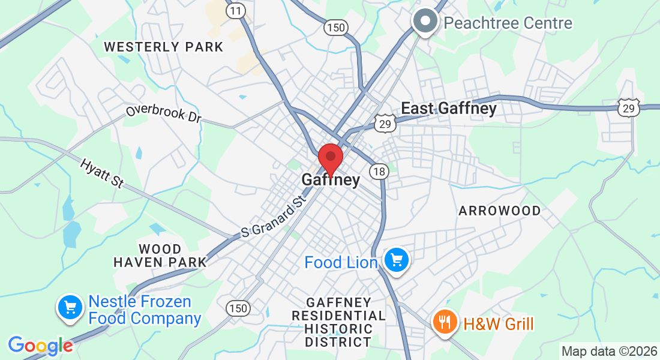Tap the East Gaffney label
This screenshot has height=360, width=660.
449,109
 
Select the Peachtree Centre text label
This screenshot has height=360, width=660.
508,23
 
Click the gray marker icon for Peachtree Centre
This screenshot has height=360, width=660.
425,21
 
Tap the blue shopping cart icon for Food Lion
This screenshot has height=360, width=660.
396,260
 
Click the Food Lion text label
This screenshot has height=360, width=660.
341,263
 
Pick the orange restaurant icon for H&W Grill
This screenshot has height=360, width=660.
445,323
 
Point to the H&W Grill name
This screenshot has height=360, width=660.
498,325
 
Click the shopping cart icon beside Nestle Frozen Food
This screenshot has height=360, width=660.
70,308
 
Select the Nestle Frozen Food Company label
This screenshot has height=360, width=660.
145,310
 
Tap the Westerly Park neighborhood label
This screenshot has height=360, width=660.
164,47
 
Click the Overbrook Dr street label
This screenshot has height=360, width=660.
163,113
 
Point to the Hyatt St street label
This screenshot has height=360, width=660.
101,173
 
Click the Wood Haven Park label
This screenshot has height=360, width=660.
160,256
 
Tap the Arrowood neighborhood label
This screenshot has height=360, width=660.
500,211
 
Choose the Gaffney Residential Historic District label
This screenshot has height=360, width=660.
339,322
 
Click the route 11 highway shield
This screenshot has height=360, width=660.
236,10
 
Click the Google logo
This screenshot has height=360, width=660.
41,346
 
